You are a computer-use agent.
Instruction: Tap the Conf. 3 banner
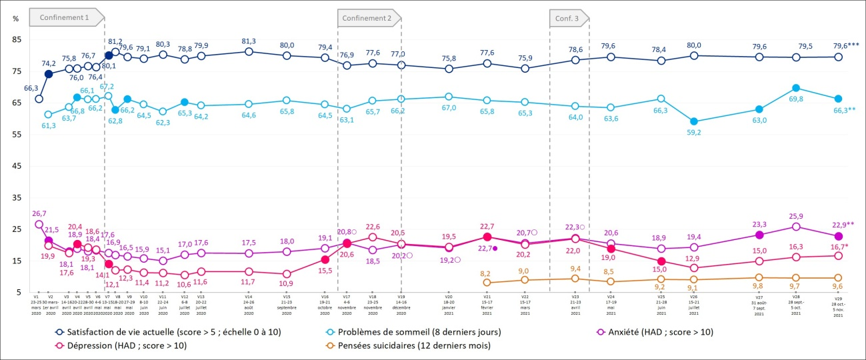tap(567, 18)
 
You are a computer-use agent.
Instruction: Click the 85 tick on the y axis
tap(17, 39)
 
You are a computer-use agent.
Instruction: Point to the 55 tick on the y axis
tap(17, 134)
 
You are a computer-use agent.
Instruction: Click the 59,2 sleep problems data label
tap(695, 133)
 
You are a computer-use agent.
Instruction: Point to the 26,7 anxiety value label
tap(39, 213)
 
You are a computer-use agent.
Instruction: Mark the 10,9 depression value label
tap(287, 283)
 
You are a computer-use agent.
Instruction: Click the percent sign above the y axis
tap(16, 18)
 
